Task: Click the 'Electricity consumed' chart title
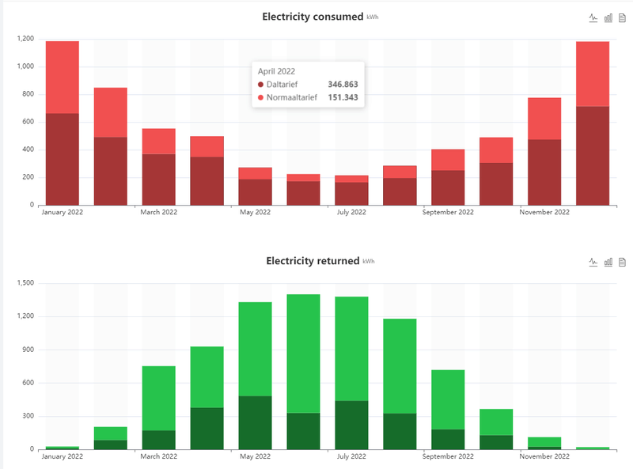point(313,17)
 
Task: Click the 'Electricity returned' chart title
point(313,261)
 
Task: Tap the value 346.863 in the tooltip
point(343,84)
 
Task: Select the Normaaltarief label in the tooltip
point(292,97)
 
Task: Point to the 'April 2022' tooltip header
point(277,70)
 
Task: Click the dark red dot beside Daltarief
point(261,84)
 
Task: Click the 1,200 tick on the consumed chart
point(24,39)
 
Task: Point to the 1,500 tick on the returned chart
point(24,283)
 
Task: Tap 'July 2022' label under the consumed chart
point(351,213)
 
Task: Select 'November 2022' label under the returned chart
point(544,457)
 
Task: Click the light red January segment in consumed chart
point(63,77)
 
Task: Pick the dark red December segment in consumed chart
point(592,155)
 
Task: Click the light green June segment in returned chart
point(303,354)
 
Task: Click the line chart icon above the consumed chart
point(593,17)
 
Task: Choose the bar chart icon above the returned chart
point(608,262)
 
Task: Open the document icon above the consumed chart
point(622,17)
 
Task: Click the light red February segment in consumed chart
point(110,112)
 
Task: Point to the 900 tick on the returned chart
point(27,350)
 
